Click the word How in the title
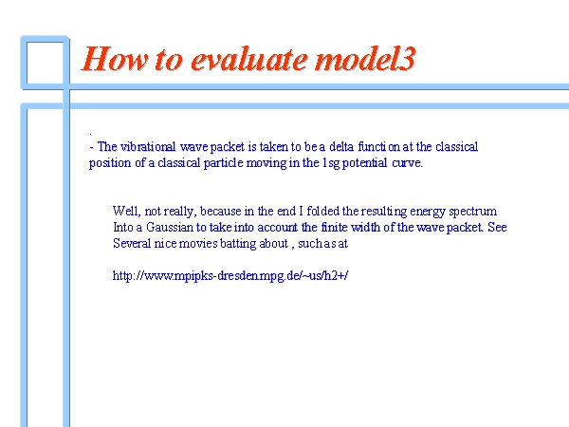pyautogui.click(x=115, y=59)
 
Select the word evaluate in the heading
pyautogui.click(x=248, y=59)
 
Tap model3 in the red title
pyautogui.click(x=365, y=59)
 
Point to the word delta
pyautogui.click(x=341, y=147)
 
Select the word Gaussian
pyautogui.click(x=170, y=228)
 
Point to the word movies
pyautogui.click(x=198, y=243)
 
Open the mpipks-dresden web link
pyautogui.click(x=230, y=275)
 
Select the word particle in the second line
pyautogui.click(x=223, y=162)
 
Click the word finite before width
pyautogui.click(x=334, y=228)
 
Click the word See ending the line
pyautogui.click(x=497, y=228)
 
